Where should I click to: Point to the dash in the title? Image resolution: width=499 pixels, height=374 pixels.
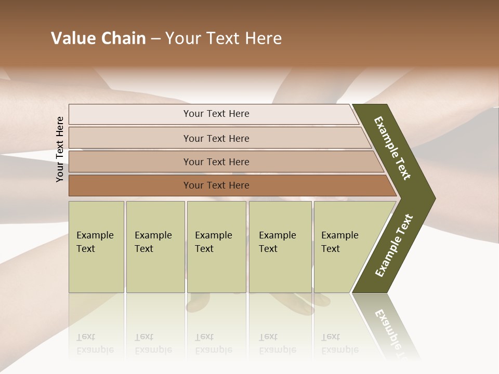(x=155, y=39)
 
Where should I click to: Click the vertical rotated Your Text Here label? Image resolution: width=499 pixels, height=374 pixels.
(x=60, y=149)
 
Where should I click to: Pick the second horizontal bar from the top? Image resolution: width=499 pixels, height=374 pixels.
(x=216, y=138)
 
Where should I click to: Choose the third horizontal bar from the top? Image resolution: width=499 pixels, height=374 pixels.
(x=216, y=162)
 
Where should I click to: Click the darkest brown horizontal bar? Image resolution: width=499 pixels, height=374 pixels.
(x=216, y=185)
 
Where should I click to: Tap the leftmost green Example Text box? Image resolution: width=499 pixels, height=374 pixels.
(x=96, y=247)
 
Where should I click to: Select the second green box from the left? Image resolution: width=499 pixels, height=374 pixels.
(x=155, y=247)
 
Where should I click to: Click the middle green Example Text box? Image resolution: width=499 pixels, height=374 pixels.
(x=216, y=247)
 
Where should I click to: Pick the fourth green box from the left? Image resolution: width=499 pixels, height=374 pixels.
(x=280, y=247)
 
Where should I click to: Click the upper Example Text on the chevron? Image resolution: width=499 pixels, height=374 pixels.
(x=392, y=148)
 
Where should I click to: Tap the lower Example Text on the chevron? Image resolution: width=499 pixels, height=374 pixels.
(x=393, y=246)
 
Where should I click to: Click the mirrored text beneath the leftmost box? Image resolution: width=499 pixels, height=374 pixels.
(x=95, y=344)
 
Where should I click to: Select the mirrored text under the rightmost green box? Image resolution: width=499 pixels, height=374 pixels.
(x=339, y=344)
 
